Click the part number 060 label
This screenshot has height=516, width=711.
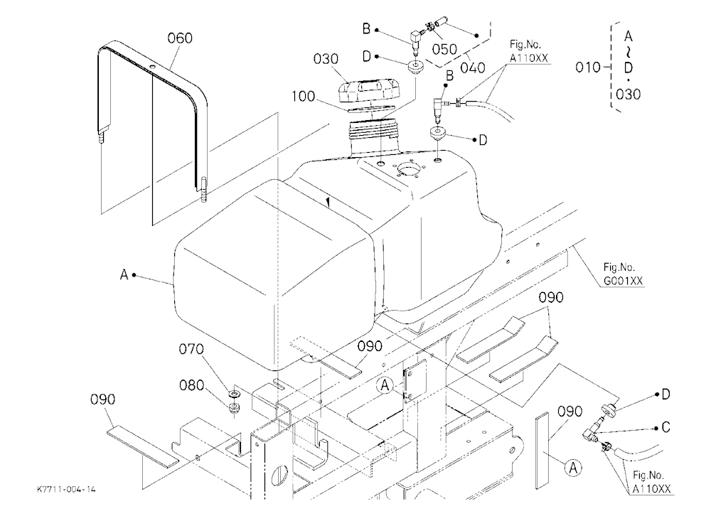pos(180,38)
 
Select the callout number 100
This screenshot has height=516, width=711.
pos(303,97)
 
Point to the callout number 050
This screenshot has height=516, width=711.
pos(444,50)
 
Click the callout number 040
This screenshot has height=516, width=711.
pos(473,68)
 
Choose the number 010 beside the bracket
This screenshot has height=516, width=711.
pos(588,68)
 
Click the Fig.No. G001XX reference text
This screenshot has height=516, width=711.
pos(623,274)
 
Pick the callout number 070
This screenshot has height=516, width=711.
pos(191,349)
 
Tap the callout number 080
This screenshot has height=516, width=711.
pos(191,385)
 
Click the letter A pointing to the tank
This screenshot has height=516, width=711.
pos(124,275)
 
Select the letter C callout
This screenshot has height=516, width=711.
pos(665,428)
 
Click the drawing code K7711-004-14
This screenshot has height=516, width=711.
pos(67,490)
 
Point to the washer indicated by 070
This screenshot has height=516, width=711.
pos(235,392)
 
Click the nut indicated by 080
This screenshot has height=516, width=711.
pos(235,407)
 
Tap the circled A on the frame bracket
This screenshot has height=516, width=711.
pos(385,386)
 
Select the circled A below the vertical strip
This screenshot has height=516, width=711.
pos(573,467)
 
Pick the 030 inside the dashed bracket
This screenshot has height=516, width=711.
pos(628,95)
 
